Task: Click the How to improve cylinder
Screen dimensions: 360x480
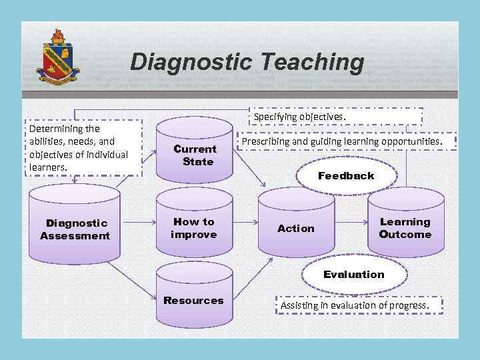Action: [x=194, y=228]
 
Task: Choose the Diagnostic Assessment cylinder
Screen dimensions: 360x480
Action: [x=75, y=228]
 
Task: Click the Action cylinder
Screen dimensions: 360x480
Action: [x=295, y=228]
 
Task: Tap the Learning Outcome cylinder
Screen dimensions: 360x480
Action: [x=405, y=228]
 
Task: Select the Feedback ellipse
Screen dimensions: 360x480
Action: [x=346, y=176]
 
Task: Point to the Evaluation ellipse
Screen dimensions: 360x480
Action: [x=353, y=274]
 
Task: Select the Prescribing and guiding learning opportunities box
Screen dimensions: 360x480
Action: [x=341, y=141]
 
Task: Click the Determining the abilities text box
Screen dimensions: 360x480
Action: [x=84, y=147]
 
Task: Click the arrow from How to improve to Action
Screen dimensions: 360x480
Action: [x=245, y=219]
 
